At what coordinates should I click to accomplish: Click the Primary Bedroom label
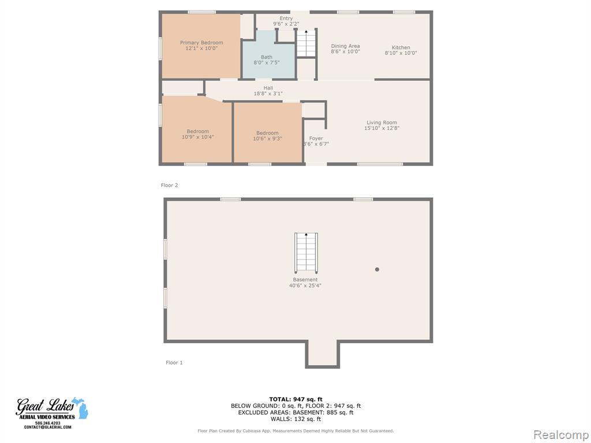(201, 43)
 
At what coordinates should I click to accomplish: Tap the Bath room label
(267, 57)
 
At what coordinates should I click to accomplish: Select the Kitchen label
(401, 47)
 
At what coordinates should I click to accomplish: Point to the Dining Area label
(345, 46)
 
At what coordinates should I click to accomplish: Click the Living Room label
(381, 122)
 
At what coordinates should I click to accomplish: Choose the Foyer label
(316, 138)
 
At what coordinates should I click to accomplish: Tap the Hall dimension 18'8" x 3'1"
(268, 93)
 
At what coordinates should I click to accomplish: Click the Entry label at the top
(286, 18)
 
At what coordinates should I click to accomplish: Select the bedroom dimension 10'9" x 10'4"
(197, 137)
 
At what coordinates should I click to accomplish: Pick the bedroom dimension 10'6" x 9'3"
(267, 138)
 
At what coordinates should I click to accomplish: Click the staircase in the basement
(306, 253)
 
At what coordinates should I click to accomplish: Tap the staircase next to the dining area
(306, 43)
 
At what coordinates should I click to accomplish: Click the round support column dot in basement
(377, 269)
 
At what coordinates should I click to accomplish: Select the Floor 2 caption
(169, 185)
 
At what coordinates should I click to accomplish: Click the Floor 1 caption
(174, 363)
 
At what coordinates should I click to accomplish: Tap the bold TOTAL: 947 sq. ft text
(295, 399)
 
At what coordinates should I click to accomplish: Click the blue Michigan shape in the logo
(81, 408)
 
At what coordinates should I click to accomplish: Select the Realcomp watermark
(561, 435)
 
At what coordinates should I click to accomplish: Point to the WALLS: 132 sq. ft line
(295, 419)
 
